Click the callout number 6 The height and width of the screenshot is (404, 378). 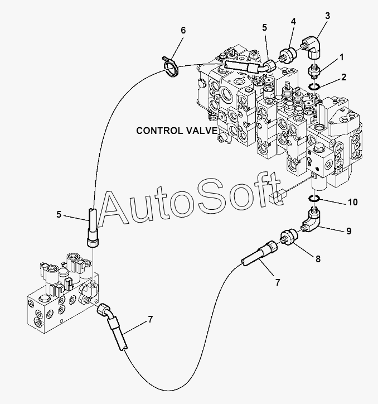[183, 30]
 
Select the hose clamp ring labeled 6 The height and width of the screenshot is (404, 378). [171, 68]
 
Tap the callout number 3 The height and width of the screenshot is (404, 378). [327, 16]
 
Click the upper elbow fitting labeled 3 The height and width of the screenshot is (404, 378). [312, 49]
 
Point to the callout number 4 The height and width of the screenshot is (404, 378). [293, 21]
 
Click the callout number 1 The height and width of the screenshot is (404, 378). [342, 57]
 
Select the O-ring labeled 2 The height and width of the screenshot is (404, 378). [314, 87]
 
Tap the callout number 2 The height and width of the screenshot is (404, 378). [344, 77]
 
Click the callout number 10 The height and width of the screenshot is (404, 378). [353, 202]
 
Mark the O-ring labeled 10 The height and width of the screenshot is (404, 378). [314, 199]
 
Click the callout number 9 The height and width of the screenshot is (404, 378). [349, 231]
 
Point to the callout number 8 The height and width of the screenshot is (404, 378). [318, 259]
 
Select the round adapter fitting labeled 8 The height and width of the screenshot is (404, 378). [288, 237]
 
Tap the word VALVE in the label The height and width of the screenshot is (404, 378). [202, 131]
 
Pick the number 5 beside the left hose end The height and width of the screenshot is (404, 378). [59, 214]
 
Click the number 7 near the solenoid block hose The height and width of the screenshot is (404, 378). [151, 320]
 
